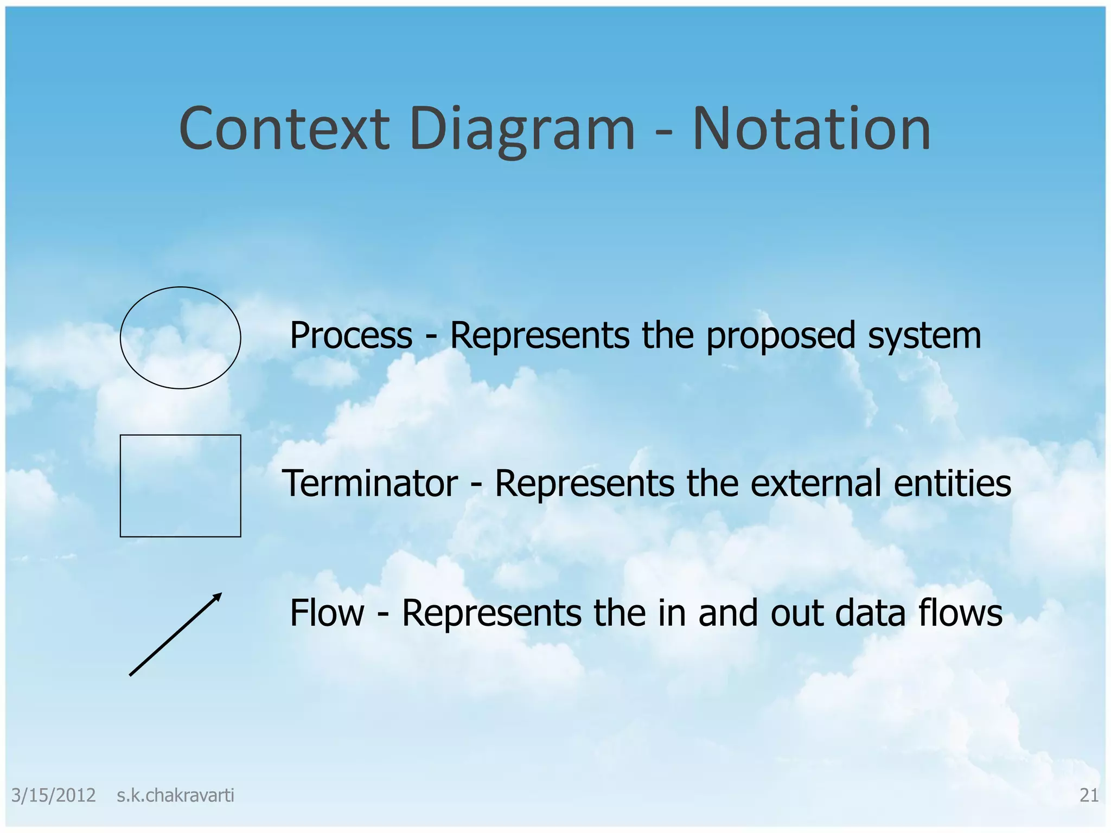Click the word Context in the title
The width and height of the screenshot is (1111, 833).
[284, 129]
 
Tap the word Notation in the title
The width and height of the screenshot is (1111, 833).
[812, 129]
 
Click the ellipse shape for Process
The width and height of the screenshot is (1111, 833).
[180, 337]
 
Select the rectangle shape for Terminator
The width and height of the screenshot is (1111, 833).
[180, 485]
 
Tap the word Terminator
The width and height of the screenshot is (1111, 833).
[370, 483]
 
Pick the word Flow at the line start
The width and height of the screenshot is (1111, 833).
[327, 613]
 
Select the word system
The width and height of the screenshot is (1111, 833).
[924, 336]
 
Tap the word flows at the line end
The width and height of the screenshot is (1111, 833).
[960, 613]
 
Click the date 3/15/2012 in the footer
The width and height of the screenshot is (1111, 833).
[53, 795]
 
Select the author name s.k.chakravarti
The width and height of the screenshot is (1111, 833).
[175, 795]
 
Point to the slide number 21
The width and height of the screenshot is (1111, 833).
[1089, 795]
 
